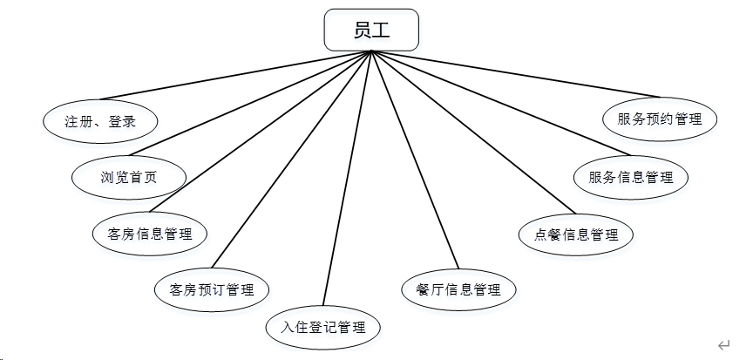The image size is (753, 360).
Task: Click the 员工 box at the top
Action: [371, 31]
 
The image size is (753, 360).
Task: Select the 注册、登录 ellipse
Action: [101, 121]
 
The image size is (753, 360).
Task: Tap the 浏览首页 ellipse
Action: [129, 177]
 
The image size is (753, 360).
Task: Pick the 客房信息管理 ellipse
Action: [149, 234]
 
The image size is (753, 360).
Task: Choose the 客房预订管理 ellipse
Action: [212, 289]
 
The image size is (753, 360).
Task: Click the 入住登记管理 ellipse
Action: [322, 328]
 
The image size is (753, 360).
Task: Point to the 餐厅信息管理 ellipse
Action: [458, 289]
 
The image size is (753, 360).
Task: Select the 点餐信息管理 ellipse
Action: [574, 234]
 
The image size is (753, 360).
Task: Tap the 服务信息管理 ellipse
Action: [631, 177]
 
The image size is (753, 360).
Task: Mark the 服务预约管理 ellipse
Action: [660, 119]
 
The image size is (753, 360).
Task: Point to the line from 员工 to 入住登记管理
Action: [347, 179]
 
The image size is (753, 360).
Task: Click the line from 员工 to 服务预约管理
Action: [514, 74]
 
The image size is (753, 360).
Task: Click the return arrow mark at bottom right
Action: [723, 346]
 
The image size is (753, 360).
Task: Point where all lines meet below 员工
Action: [371, 52]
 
